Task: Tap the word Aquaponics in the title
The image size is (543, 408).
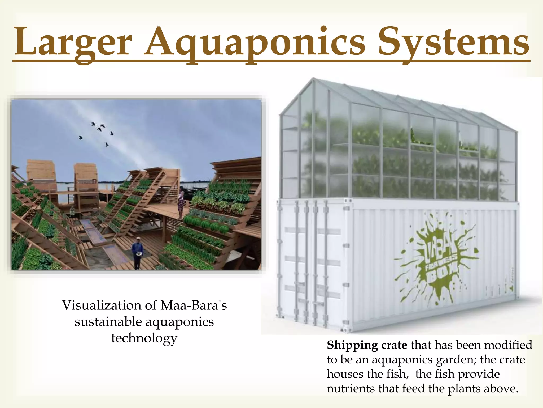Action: [255, 42]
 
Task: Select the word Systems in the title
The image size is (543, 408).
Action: [454, 42]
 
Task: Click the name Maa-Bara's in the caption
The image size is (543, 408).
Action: [194, 305]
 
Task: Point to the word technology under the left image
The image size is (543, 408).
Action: [144, 338]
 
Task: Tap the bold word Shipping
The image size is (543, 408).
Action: [352, 345]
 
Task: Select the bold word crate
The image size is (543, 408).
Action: [394, 345]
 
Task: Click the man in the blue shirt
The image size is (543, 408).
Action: [137, 252]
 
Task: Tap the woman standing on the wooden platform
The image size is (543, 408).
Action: [181, 202]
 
